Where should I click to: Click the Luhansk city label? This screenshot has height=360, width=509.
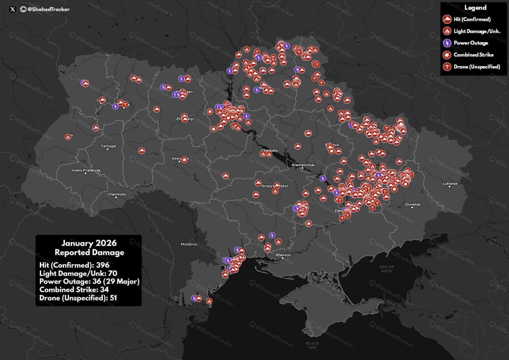point(451,183)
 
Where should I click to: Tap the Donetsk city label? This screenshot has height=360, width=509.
point(413,204)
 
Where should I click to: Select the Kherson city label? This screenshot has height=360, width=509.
point(283,255)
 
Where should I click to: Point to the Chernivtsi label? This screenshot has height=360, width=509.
point(117,194)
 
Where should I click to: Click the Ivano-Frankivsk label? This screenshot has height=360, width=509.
point(86,170)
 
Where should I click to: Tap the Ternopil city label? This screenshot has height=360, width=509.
point(108,146)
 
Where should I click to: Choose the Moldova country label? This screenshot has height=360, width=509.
point(188,244)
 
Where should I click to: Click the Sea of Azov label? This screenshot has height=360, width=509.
point(386,269)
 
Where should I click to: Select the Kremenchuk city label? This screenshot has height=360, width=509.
point(303,165)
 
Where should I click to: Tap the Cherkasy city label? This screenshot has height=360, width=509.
point(269,150)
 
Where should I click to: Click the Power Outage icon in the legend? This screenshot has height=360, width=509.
point(447,43)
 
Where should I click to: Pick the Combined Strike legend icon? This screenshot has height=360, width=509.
point(447,55)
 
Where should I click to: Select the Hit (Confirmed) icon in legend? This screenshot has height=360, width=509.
point(447,19)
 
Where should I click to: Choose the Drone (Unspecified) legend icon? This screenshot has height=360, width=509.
point(447,67)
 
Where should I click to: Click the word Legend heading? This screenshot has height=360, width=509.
point(475,8)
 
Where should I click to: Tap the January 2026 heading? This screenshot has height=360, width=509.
point(89,243)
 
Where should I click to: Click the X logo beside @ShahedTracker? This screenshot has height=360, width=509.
point(12,9)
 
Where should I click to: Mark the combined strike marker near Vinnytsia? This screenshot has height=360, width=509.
point(184,160)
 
